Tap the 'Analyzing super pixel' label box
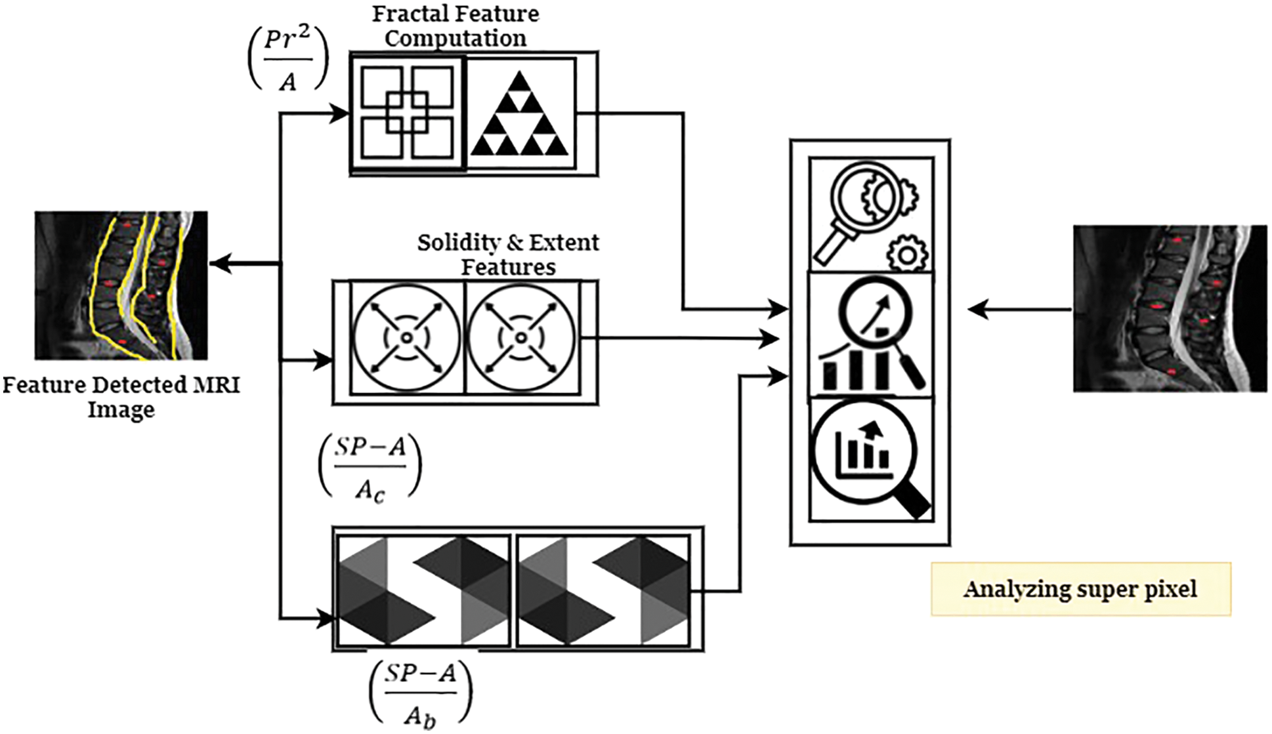click(x=1080, y=589)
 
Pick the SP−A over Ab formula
click(x=420, y=694)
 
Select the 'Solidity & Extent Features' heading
click(x=508, y=255)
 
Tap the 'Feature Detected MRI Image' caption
click(x=121, y=397)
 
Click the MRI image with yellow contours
click(x=121, y=285)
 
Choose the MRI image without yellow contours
click(x=1170, y=308)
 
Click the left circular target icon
click(x=407, y=338)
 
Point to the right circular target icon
click(x=521, y=338)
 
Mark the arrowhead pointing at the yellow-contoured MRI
click(x=219, y=264)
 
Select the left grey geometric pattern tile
click(x=423, y=590)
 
